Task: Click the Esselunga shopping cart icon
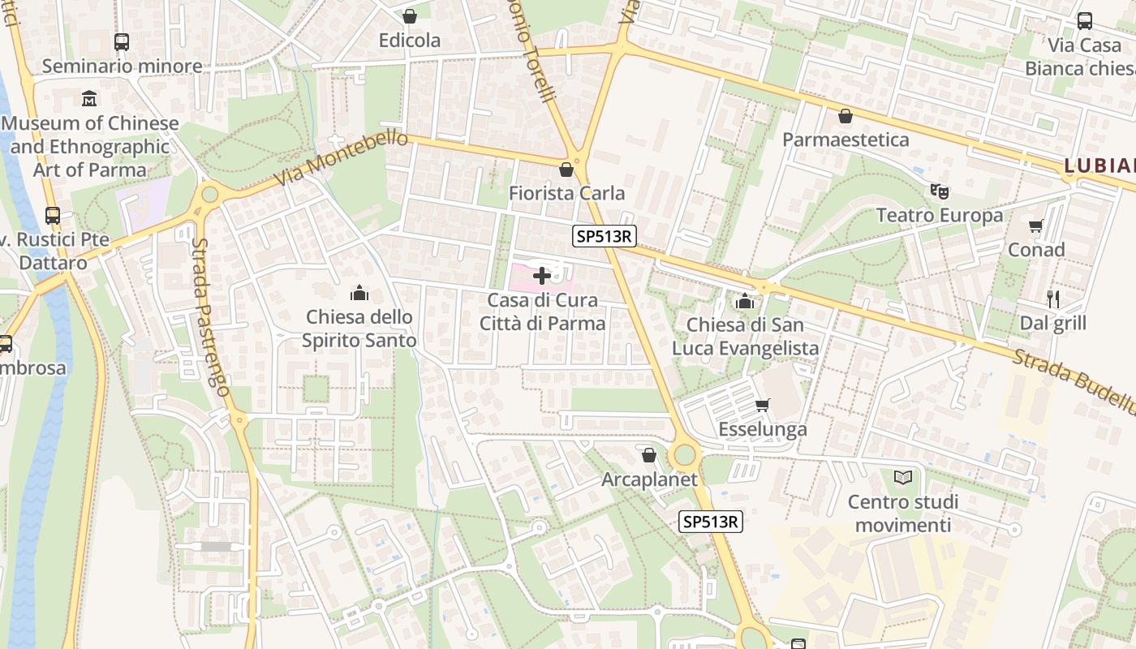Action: click(x=761, y=405)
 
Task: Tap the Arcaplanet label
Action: click(x=649, y=479)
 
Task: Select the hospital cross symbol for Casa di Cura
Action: click(x=542, y=276)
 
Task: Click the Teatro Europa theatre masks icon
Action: click(x=940, y=191)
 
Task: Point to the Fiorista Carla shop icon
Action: click(x=566, y=170)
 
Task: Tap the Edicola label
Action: click(x=410, y=41)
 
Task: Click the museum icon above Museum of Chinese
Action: click(x=89, y=99)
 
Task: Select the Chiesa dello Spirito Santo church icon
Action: click(x=359, y=293)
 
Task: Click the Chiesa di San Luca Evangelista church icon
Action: click(x=744, y=302)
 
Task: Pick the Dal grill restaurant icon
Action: click(x=1053, y=299)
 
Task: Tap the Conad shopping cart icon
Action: click(x=1035, y=226)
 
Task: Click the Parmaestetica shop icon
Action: click(x=846, y=116)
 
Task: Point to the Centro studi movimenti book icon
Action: click(x=903, y=477)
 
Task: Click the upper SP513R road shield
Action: click(x=604, y=236)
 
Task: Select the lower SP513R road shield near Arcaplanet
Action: click(x=711, y=522)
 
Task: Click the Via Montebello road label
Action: click(x=341, y=157)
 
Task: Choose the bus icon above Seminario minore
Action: click(x=122, y=41)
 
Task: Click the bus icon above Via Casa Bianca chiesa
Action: click(x=1085, y=21)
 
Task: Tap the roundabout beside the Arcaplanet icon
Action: click(x=686, y=454)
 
